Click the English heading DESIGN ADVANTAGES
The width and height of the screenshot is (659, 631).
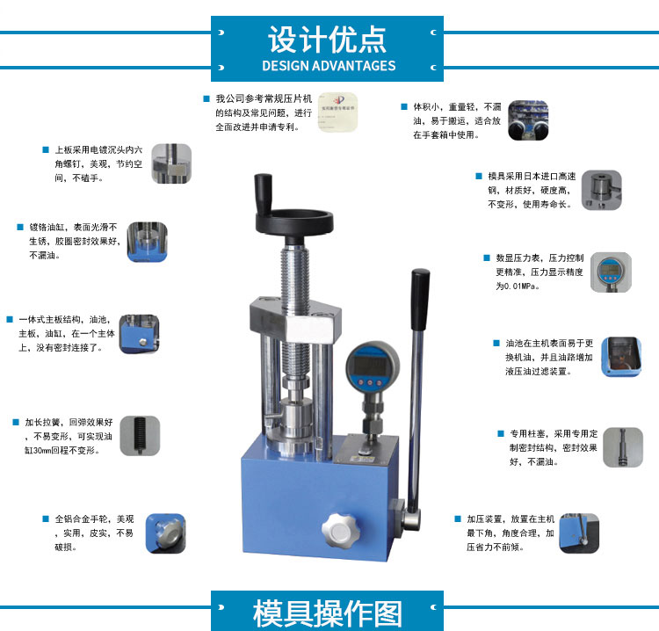(x=329, y=66)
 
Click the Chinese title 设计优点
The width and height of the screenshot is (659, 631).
(x=327, y=39)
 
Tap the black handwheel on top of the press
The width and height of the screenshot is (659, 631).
(x=294, y=220)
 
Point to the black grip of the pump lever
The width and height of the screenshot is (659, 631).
(x=420, y=300)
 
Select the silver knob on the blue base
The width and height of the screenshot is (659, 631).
(x=340, y=531)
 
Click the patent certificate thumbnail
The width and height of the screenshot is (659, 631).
(x=337, y=112)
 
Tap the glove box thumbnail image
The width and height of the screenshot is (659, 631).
(x=528, y=120)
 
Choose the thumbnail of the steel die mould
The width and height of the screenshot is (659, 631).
(x=601, y=190)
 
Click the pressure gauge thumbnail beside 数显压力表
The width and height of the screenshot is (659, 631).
(x=611, y=272)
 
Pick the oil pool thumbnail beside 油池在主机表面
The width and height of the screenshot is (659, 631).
(x=621, y=357)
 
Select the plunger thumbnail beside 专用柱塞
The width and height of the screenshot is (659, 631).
(x=622, y=447)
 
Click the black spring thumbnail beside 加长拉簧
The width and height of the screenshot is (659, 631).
(x=140, y=436)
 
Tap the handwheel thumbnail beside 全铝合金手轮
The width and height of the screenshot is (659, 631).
(x=165, y=533)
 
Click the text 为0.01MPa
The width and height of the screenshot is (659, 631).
(x=518, y=286)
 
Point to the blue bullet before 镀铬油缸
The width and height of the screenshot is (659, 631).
(x=19, y=227)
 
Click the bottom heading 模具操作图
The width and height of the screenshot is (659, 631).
(x=327, y=614)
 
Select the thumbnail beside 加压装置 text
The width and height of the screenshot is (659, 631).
(x=579, y=533)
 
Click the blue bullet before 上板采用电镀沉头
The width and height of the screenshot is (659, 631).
(x=46, y=149)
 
